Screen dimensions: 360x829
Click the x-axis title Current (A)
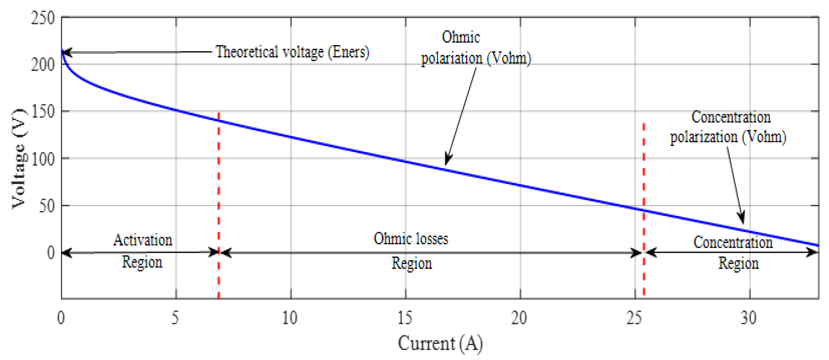tap(440, 343)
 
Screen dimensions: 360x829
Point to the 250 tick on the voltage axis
tap(43, 18)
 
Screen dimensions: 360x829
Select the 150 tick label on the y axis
tap(43, 112)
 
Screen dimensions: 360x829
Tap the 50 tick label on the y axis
tap(47, 206)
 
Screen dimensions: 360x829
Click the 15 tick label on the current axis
tap(405, 318)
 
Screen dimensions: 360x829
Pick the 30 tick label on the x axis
tap(749, 318)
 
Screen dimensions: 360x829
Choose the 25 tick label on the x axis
tap(634, 318)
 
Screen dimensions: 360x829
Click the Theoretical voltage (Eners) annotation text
tap(292, 52)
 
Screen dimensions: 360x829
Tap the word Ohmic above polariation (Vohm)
tap(461, 37)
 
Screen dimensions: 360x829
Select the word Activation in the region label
tap(143, 240)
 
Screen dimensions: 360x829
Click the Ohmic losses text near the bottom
tap(411, 239)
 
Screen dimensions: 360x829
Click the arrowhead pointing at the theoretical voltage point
tap(67, 53)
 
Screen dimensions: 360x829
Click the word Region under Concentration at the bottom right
tap(738, 263)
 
